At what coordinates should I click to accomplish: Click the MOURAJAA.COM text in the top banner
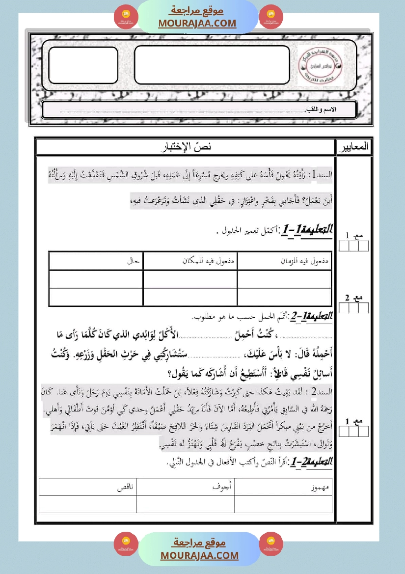[x=197, y=23]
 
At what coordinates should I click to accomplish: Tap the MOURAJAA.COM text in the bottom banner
[x=199, y=555]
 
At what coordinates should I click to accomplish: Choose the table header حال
[x=134, y=261]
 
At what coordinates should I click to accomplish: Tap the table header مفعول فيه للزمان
[x=307, y=261]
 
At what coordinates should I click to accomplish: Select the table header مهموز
[x=320, y=489]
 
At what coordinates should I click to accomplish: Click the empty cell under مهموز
[x=283, y=504]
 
